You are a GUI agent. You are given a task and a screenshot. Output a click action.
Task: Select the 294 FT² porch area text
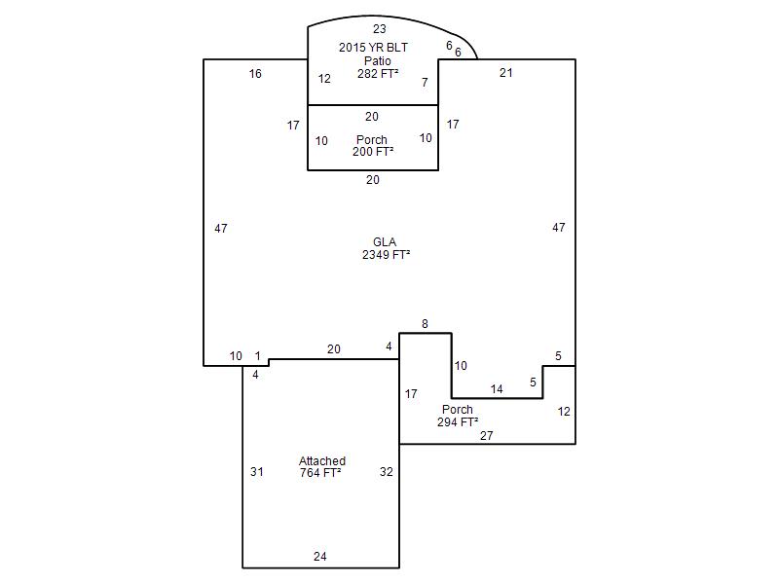[458, 422]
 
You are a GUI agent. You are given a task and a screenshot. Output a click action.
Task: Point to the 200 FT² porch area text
[373, 152]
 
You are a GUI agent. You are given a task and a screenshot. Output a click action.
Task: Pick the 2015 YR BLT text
[372, 47]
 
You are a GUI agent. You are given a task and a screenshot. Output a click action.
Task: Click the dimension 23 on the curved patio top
[379, 29]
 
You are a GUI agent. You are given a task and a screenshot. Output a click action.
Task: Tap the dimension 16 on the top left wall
[255, 73]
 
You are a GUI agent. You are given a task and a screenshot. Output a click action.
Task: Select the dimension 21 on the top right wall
[506, 72]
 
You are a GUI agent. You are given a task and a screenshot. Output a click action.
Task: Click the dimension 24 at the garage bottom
[320, 557]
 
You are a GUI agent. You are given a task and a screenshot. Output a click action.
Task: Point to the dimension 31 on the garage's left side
[257, 472]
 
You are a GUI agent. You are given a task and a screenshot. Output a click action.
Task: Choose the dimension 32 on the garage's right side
[387, 472]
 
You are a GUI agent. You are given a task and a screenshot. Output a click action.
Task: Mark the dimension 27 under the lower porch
[487, 436]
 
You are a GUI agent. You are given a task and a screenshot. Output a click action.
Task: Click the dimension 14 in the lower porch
[497, 389]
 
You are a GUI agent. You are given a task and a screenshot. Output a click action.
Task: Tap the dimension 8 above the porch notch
[425, 323]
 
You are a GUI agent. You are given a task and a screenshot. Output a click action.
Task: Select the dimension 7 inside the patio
[425, 83]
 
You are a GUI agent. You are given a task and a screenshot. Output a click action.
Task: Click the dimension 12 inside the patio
[324, 79]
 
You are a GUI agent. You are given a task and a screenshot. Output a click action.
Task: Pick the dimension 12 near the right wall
[564, 412]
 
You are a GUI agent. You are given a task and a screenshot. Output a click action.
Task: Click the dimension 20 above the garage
[334, 349]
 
